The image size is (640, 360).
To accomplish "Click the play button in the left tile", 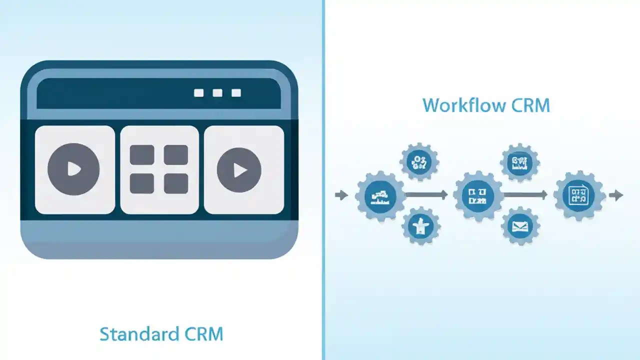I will [73, 169].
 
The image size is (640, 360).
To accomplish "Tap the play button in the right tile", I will [239, 170].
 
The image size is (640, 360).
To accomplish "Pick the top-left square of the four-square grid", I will [142, 155].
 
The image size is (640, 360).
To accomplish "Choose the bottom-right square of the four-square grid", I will [176, 183].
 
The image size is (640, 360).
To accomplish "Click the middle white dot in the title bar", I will [217, 93].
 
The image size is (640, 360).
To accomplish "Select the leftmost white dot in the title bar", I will [199, 93].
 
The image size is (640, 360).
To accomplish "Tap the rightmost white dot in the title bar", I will [236, 93].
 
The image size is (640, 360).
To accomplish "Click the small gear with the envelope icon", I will [520, 226].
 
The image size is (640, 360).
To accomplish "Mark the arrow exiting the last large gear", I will [616, 195].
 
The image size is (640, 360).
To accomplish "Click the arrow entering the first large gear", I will [341, 195].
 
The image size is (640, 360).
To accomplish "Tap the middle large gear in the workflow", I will [477, 195].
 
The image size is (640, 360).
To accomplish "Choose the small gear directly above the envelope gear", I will [520, 162].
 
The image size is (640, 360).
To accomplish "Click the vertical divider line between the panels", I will [323, 180].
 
